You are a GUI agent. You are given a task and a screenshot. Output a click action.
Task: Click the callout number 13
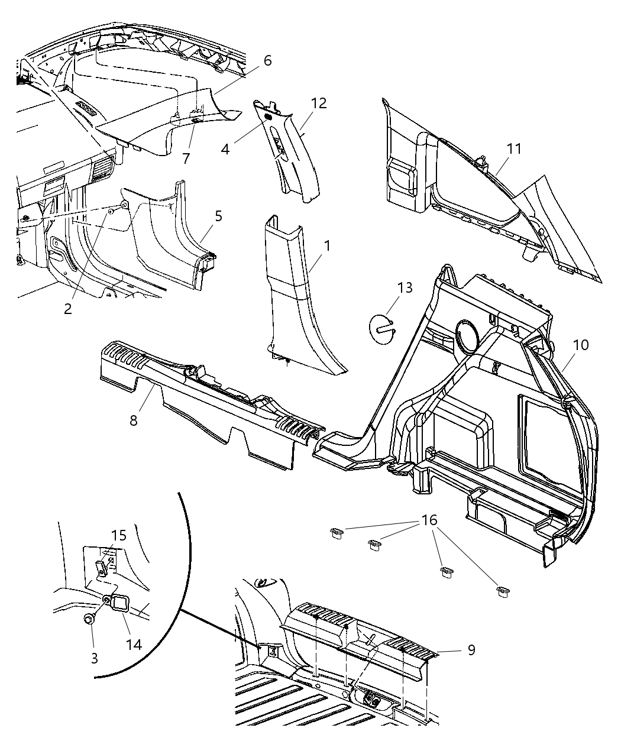pos(405,288)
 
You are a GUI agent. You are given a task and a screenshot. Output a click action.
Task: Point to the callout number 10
pos(581,344)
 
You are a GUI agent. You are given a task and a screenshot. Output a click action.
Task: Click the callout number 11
pos(515,148)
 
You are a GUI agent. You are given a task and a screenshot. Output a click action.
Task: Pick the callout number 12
pos(319,103)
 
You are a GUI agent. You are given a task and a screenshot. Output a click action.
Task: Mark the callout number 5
pos(219,216)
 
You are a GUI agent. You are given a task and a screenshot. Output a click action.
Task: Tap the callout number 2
pos(68,308)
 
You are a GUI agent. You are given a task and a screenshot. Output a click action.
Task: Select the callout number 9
pos(471,649)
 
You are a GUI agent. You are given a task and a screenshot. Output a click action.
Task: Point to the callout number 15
pos(119,535)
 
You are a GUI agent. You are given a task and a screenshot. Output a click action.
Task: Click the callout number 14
pos(135,643)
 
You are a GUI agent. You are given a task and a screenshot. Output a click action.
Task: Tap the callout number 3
pos(95,658)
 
